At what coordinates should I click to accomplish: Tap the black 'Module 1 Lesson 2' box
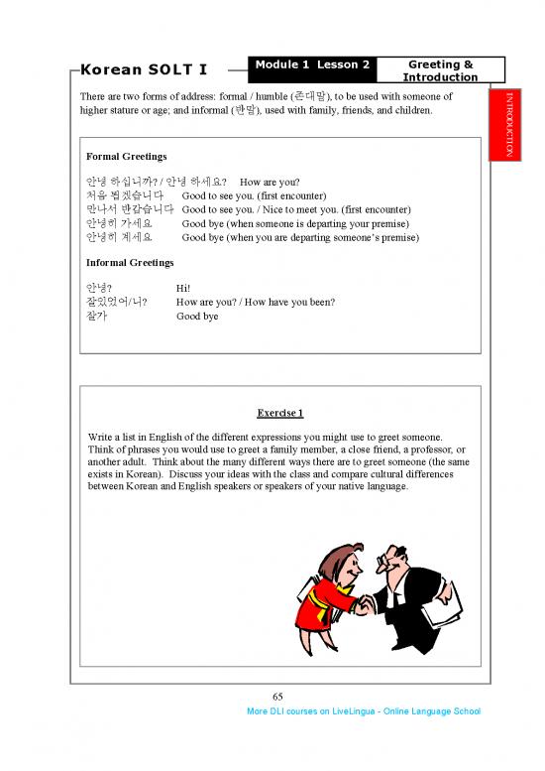(313, 65)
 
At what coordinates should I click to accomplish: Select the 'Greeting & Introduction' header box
(440, 70)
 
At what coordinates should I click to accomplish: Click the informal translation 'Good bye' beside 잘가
(197, 317)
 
